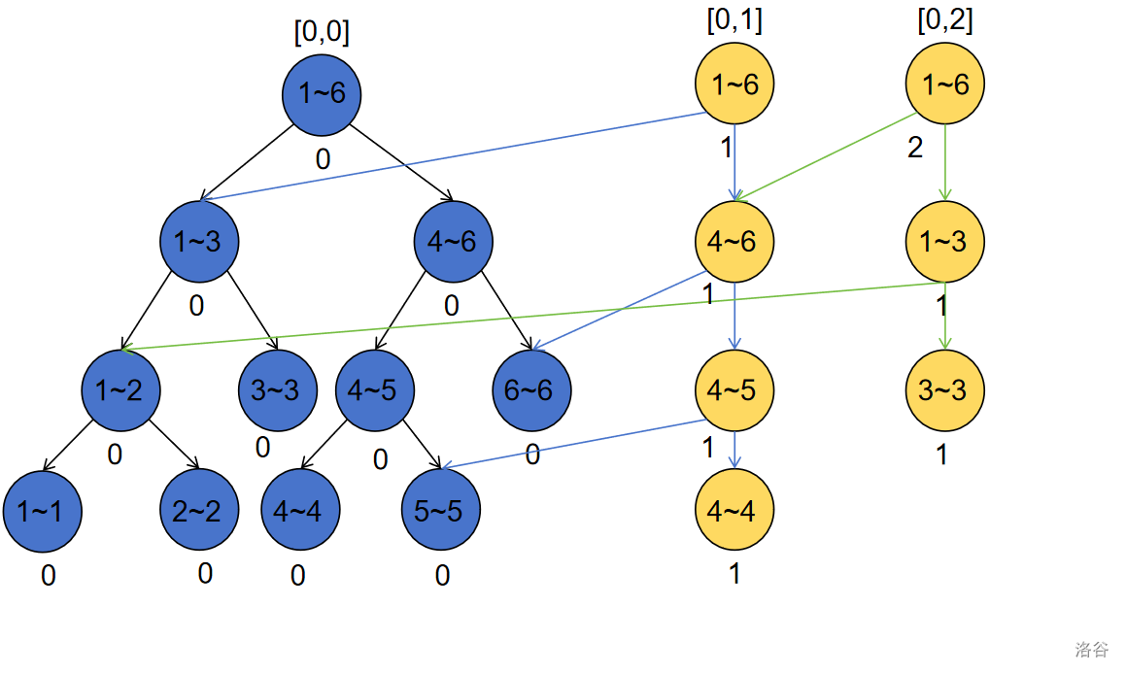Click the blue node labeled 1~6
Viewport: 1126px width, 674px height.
(322, 94)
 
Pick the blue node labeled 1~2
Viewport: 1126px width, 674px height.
(120, 390)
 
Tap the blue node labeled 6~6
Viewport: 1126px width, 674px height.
(531, 390)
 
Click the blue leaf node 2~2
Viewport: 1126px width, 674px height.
(198, 510)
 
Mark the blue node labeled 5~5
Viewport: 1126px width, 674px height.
(441, 510)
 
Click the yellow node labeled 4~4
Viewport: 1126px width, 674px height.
(734, 510)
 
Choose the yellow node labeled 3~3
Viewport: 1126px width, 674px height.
(943, 390)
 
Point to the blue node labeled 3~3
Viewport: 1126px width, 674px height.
(277, 390)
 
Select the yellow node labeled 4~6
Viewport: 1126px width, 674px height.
(734, 241)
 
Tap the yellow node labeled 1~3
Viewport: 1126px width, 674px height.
(943, 241)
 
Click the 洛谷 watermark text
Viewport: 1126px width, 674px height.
(1091, 649)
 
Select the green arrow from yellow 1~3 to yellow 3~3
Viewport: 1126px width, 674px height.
(945, 316)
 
